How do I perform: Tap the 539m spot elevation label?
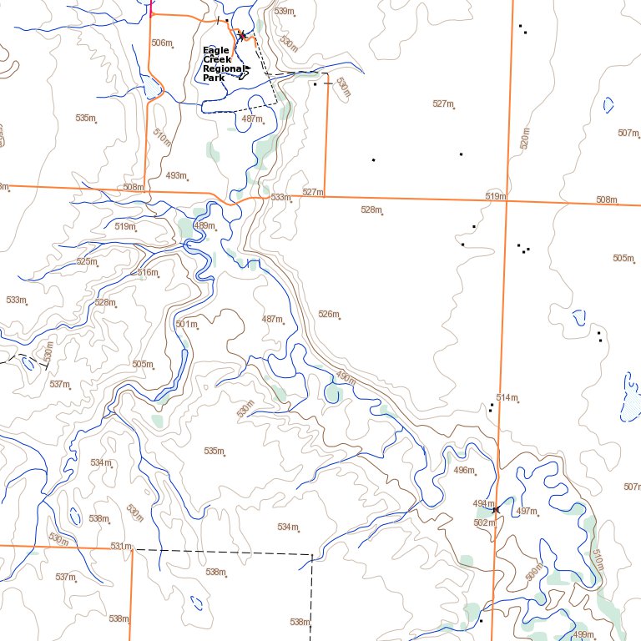(x=285, y=12)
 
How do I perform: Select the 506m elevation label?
(x=162, y=43)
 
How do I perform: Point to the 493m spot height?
(x=176, y=176)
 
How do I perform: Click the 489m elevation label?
(x=204, y=226)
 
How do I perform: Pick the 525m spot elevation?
(x=87, y=262)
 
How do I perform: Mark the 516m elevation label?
(x=148, y=273)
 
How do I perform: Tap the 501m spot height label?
(x=186, y=325)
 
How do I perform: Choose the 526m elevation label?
(x=329, y=315)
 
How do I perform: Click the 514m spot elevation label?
(x=507, y=398)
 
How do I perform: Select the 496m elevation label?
(x=463, y=471)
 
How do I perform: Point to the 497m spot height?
(x=527, y=511)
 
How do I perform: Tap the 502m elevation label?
(x=484, y=523)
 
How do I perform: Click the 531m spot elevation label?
(x=121, y=547)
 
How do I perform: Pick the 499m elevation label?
(x=584, y=635)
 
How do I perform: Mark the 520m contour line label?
(x=524, y=139)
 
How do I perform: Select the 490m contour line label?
(x=346, y=377)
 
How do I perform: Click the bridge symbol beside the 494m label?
(x=496, y=508)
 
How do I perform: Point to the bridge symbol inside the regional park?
(x=242, y=36)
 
